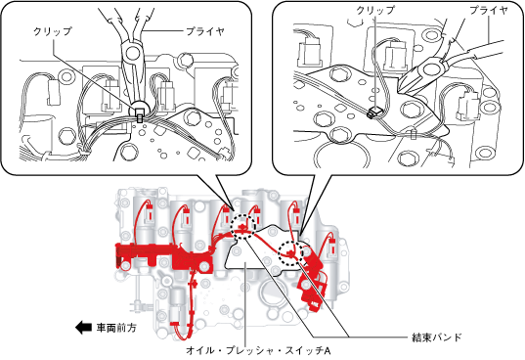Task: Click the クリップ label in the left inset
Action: [x=53, y=31]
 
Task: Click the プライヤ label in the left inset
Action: [x=205, y=31]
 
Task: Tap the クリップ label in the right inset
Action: [x=375, y=10]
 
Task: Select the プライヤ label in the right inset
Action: [x=489, y=10]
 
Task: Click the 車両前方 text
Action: [x=116, y=327]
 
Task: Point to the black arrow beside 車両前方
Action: [x=83, y=327]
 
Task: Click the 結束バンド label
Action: [x=436, y=337]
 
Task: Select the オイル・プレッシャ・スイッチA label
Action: [x=258, y=350]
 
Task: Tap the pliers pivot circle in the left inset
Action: [x=133, y=52]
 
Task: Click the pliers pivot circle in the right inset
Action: [x=431, y=69]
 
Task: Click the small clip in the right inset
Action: [x=373, y=112]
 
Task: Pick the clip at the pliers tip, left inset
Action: [x=139, y=115]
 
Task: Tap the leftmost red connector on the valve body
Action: [x=150, y=213]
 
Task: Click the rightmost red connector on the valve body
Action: [x=332, y=247]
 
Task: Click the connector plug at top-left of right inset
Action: [x=308, y=49]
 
